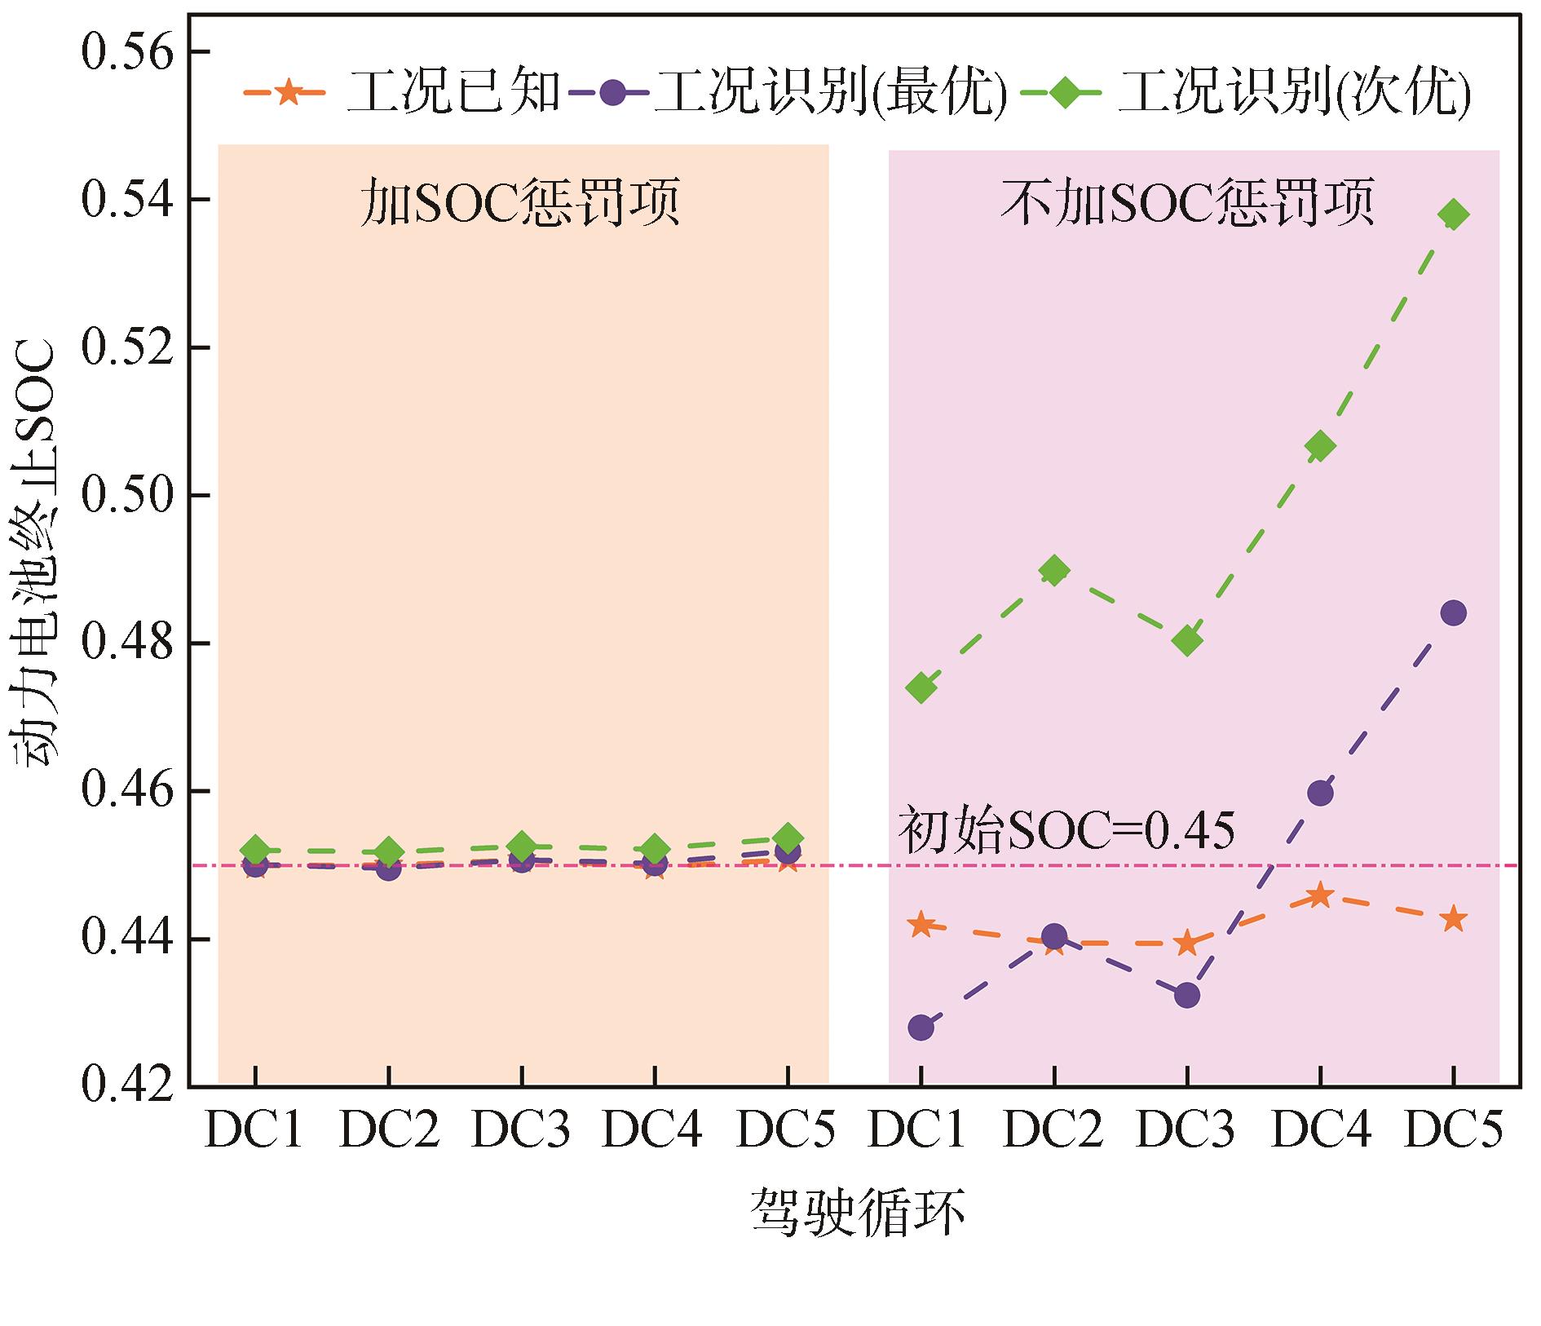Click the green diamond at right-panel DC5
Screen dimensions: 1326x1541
click(x=1453, y=215)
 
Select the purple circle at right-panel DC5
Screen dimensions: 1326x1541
click(x=1453, y=613)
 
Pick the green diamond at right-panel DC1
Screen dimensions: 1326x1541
click(x=921, y=688)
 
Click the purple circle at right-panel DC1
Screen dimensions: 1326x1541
click(x=921, y=1028)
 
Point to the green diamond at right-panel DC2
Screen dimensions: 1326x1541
click(x=1054, y=571)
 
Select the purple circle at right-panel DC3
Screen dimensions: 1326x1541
click(x=1187, y=995)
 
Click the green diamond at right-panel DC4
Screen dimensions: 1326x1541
click(x=1320, y=446)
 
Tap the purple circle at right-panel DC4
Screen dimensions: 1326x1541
click(x=1320, y=793)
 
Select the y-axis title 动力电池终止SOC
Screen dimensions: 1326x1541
click(x=35, y=555)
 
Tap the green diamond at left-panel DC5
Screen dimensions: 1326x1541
click(x=788, y=838)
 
